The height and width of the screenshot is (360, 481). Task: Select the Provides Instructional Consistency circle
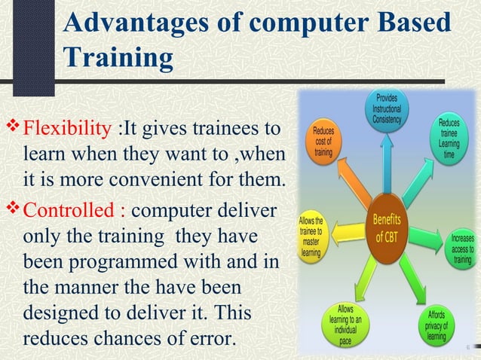[388, 110]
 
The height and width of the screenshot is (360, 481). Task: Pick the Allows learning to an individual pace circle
[345, 325]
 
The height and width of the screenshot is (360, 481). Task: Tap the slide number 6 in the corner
[467, 348]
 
